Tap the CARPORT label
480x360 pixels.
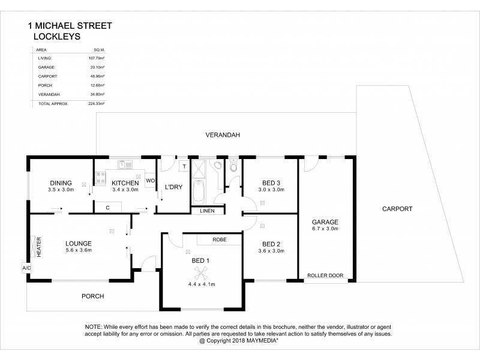(x=397, y=209)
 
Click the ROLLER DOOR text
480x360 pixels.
(x=325, y=275)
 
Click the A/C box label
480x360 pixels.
(x=26, y=268)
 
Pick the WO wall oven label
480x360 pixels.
(x=150, y=180)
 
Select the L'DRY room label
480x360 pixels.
(x=173, y=187)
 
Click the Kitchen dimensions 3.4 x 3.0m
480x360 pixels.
(x=125, y=190)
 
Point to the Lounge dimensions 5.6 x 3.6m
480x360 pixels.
(x=78, y=250)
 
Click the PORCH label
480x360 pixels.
(x=93, y=296)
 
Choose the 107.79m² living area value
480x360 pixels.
(x=97, y=58)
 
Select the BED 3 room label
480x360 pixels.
(x=271, y=183)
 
